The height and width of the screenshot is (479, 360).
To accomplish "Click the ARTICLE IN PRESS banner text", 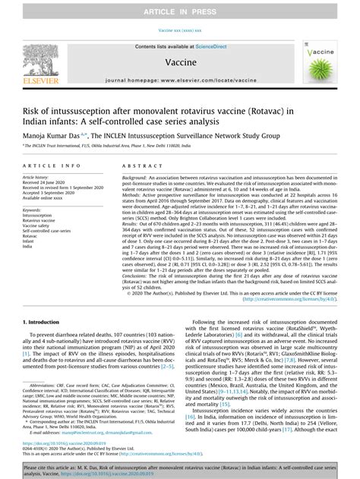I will pos(179,8).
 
